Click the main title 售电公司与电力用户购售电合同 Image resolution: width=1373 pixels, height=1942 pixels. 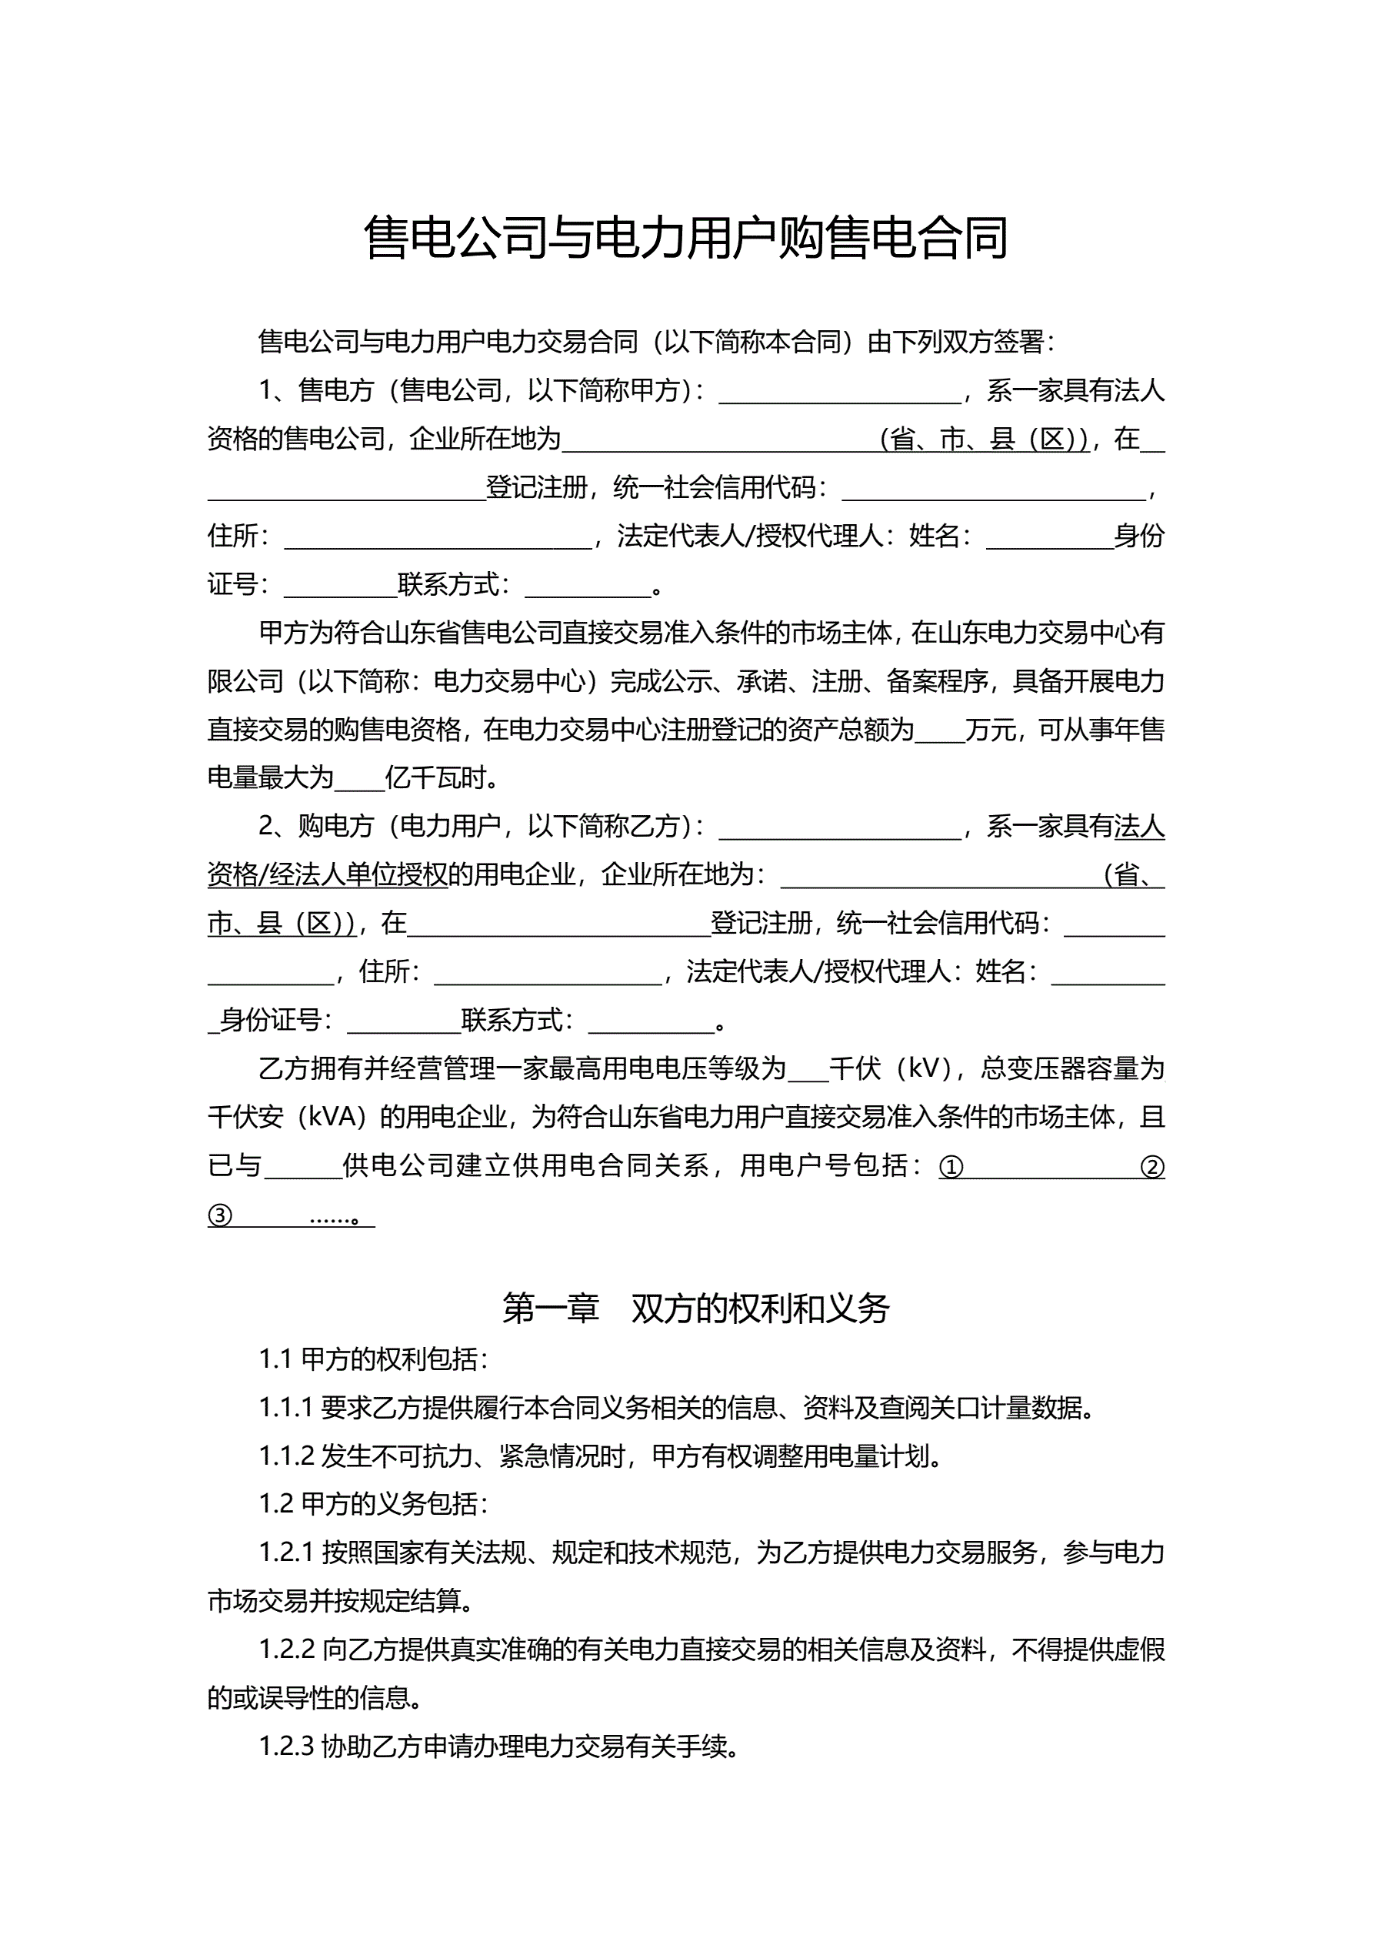tap(685, 238)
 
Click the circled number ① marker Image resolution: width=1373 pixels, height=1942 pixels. tap(951, 1167)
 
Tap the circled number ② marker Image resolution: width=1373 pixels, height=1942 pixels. tap(1152, 1167)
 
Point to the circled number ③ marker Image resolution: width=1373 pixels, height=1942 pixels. tap(220, 1216)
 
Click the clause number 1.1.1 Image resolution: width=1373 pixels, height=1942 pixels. tap(286, 1409)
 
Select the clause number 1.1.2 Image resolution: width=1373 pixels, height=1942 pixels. tap(286, 1456)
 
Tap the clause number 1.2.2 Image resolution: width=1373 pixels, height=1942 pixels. tap(286, 1650)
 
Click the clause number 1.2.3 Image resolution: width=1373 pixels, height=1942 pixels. tap(286, 1746)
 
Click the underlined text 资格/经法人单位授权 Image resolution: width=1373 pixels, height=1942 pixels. tap(328, 874)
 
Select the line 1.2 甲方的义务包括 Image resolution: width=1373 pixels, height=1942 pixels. tap(373, 1505)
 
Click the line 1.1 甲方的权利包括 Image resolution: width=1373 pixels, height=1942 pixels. tap(373, 1359)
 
